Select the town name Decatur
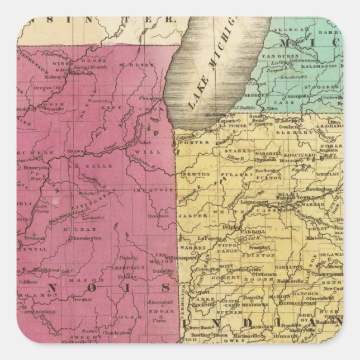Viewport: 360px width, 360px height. (82, 299)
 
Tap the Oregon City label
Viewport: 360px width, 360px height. (48, 87)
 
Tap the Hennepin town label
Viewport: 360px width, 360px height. (33, 167)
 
